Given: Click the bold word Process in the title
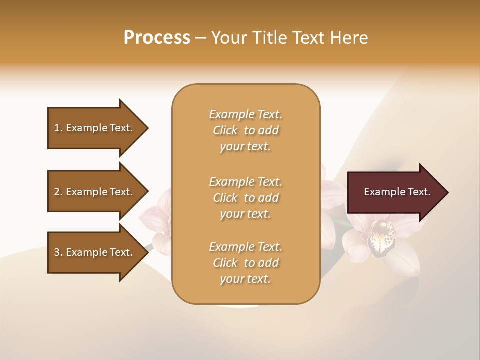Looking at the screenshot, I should tap(157, 38).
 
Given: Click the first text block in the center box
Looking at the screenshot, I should tap(245, 130).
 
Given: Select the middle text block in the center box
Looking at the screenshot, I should tap(245, 198).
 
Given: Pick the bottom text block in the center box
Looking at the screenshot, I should tap(245, 263).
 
